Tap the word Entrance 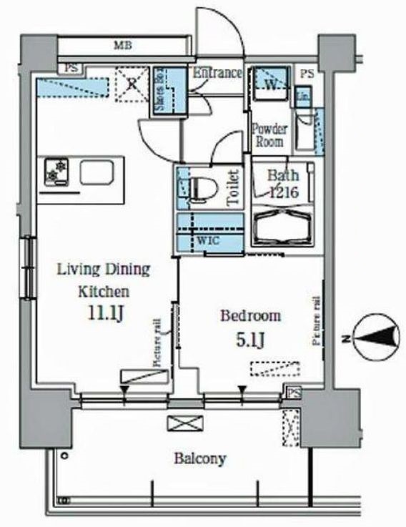point(218,74)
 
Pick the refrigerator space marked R point(132,84)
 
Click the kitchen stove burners point(55,172)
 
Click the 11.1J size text point(104,313)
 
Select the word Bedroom point(250,315)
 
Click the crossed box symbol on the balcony point(180,423)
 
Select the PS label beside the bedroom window point(293,391)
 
